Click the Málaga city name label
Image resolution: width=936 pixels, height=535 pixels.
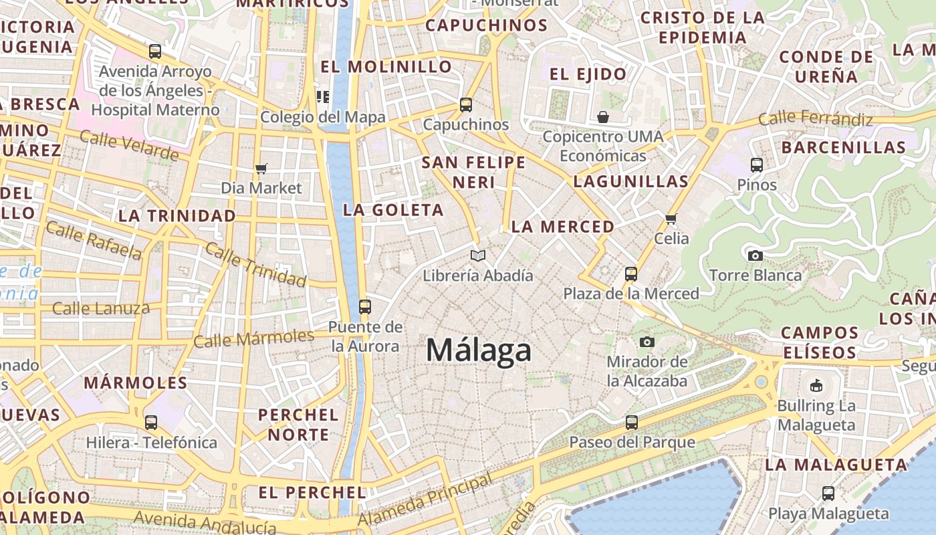tap(479, 350)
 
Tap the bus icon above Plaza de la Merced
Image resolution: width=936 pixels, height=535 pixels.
tap(631, 274)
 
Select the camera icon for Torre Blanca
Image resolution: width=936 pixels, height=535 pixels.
tap(755, 255)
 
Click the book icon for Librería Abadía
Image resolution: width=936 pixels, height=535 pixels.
tap(478, 255)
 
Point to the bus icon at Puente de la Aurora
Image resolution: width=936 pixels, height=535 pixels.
tap(365, 307)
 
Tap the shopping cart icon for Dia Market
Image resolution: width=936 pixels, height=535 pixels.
tap(261, 169)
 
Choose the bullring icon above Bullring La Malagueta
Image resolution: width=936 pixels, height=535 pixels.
tap(816, 385)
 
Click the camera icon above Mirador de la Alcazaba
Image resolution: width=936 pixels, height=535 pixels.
tap(647, 342)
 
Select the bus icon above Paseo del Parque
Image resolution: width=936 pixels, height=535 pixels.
tap(632, 423)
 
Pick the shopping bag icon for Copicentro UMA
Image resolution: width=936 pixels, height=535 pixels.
tap(603, 117)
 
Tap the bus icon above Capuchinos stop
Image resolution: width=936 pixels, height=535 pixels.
tap(466, 105)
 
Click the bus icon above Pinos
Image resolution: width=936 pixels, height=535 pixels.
tap(757, 165)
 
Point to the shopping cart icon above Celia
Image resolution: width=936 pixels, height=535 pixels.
tap(671, 219)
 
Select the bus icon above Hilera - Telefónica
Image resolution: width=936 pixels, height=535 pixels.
tap(151, 423)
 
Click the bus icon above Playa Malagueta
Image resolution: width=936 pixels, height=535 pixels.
tap(828, 494)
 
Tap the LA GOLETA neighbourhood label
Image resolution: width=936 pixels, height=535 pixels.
tap(393, 210)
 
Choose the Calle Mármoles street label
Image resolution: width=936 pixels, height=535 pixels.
tap(253, 338)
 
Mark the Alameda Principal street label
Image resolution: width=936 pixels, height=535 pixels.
tap(425, 500)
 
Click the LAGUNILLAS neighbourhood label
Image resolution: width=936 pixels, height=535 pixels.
tap(631, 181)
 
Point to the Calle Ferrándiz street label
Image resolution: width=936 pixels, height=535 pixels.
tap(816, 119)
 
